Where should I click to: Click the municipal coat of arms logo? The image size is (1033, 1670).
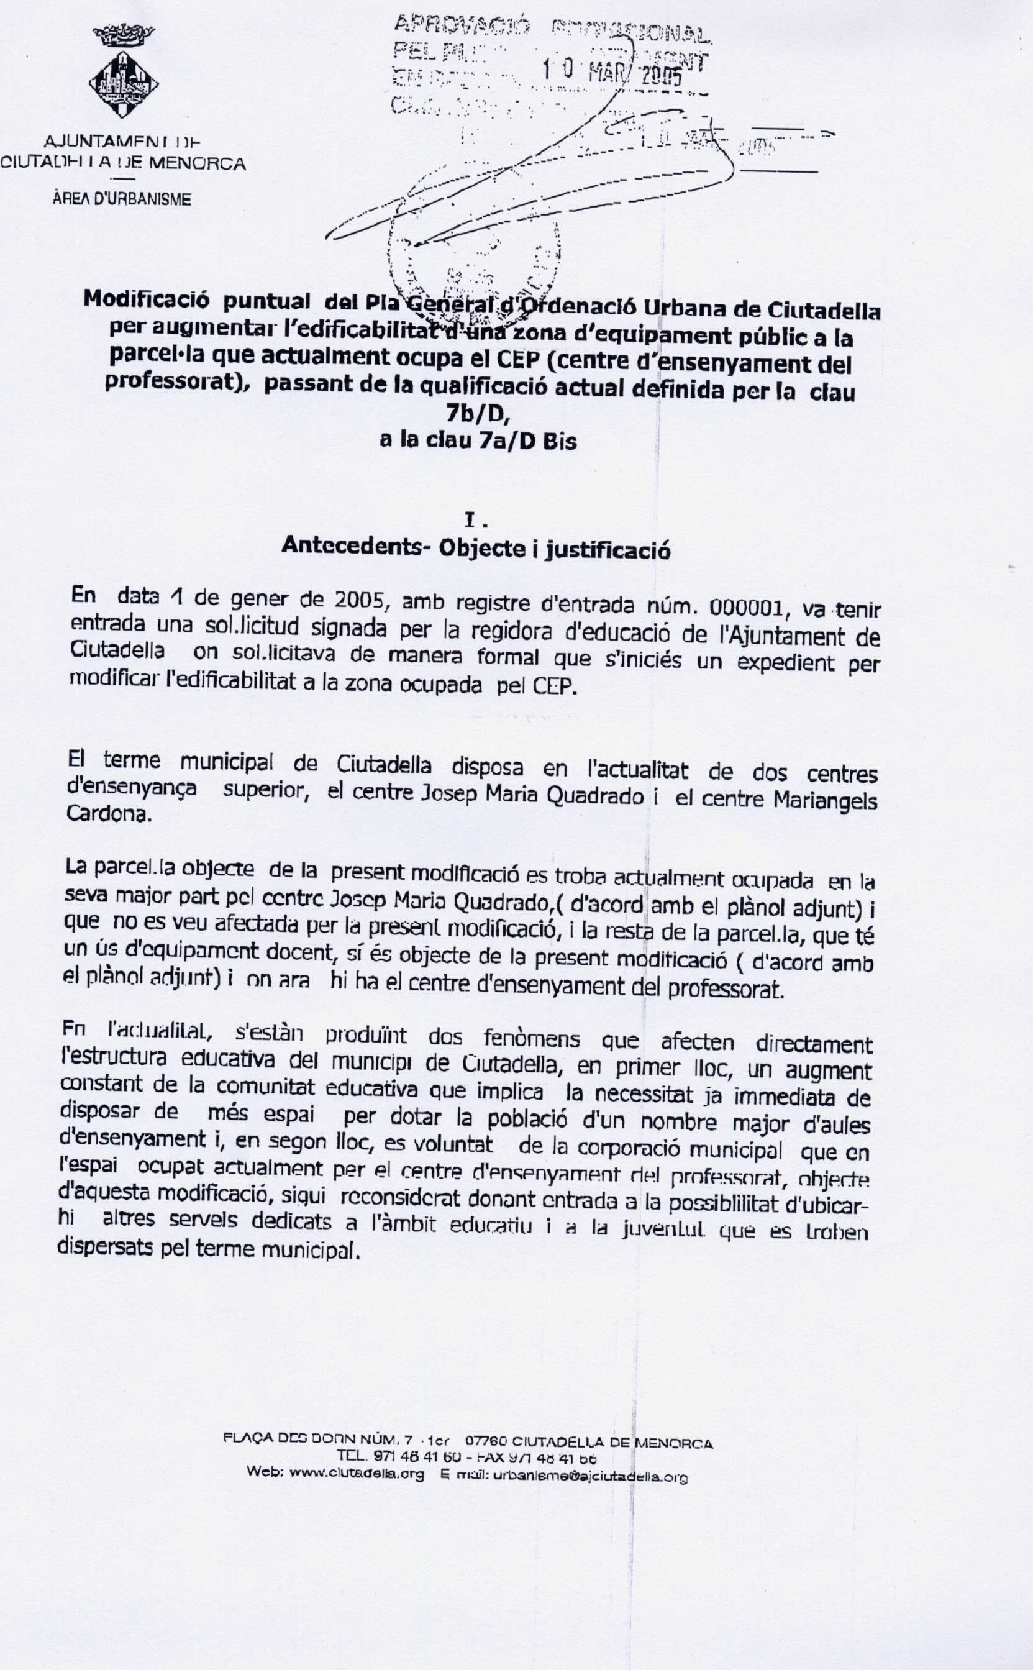point(124,75)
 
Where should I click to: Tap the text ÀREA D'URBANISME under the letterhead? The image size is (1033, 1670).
point(122,199)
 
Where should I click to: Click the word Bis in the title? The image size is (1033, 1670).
point(560,442)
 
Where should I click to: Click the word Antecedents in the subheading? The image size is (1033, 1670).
point(351,545)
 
